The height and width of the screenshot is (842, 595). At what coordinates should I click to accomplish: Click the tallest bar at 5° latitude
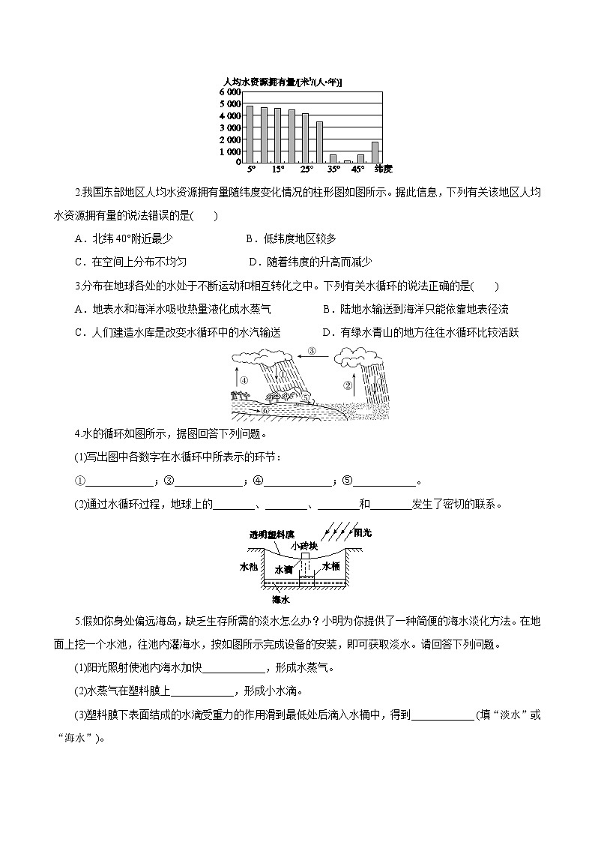250,133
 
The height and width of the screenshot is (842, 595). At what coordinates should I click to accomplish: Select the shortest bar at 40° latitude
347,160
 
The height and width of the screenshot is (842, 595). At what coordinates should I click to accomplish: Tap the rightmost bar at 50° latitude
375,151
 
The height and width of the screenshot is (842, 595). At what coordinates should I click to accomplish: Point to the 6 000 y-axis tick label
230,91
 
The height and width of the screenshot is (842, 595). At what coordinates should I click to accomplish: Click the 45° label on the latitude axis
358,169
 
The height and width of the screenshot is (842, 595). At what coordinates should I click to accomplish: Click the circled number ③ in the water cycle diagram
312,350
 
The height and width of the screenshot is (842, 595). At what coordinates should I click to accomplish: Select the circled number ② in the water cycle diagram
348,386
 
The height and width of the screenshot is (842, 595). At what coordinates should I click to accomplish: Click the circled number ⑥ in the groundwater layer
264,411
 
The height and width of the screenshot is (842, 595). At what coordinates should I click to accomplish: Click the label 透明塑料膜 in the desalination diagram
271,535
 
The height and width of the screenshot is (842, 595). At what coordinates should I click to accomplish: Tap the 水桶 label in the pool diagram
331,568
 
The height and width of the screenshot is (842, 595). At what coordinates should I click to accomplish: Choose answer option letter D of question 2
252,262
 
